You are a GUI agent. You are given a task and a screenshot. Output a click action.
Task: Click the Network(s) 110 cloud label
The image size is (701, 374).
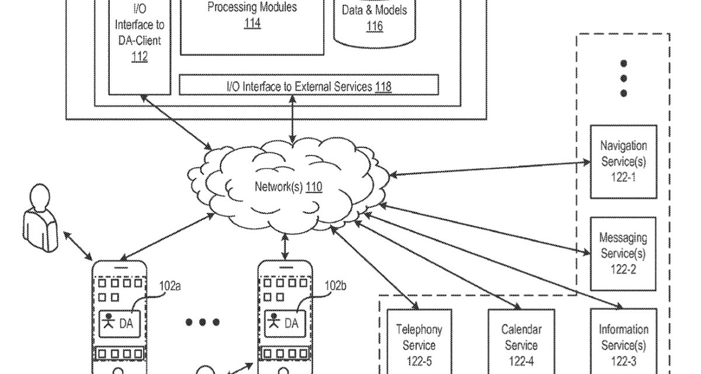[x=288, y=187]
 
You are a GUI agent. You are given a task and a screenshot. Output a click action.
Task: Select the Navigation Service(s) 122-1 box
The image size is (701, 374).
[x=623, y=161]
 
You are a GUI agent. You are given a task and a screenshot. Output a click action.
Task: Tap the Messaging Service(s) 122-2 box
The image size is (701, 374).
[x=623, y=254]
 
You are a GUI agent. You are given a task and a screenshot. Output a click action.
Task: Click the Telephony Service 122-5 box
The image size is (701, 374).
[x=419, y=345]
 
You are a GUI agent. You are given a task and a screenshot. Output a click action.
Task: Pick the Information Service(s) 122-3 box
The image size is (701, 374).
[x=623, y=345]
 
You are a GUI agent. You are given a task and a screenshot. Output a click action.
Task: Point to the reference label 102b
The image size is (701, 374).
[x=336, y=286]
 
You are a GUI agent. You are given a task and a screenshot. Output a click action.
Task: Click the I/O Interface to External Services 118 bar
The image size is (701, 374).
[x=308, y=86]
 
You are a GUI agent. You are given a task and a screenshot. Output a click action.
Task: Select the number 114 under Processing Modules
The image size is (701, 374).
[x=252, y=24]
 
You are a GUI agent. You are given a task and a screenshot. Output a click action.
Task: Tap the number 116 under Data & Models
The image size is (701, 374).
[x=374, y=26]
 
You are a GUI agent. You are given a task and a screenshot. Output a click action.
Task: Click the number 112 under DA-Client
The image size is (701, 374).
[x=139, y=57]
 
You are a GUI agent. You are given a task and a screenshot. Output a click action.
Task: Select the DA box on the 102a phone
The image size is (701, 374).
[x=121, y=322]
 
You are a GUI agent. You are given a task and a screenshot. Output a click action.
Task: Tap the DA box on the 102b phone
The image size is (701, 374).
[x=286, y=322]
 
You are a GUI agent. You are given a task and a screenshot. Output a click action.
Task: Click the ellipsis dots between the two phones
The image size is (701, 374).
[x=202, y=322]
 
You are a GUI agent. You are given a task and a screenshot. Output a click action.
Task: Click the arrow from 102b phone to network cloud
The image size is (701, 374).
[x=285, y=247]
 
